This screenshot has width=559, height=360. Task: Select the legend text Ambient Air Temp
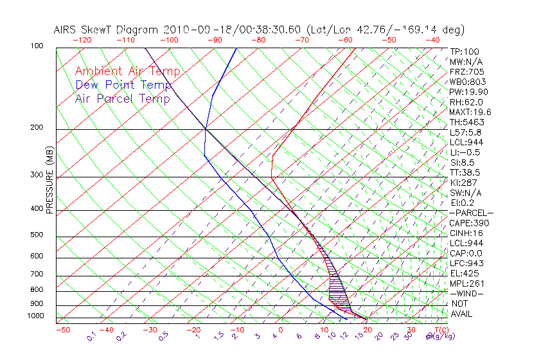point(128,71)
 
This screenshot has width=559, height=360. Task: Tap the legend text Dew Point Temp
point(123,85)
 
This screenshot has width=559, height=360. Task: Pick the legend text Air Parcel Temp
point(123,98)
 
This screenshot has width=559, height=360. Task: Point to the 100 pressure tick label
point(37,46)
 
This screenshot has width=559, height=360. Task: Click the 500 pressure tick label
point(37,235)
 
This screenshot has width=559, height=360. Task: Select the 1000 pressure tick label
point(35,316)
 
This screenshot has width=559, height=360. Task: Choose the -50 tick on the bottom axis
point(62,330)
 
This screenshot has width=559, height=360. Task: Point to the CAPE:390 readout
point(466,223)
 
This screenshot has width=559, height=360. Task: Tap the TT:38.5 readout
point(465,172)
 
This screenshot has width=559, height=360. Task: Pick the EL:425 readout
point(463,273)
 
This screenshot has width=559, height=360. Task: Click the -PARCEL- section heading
point(471,213)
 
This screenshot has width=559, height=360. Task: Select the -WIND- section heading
point(466,293)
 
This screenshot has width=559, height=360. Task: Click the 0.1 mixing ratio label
point(91,336)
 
